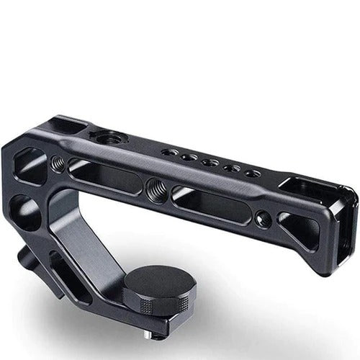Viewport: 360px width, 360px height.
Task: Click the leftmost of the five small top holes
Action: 168,153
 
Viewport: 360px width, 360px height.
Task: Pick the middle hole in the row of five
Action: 210,163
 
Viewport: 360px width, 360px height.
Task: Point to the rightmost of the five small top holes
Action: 251,174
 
